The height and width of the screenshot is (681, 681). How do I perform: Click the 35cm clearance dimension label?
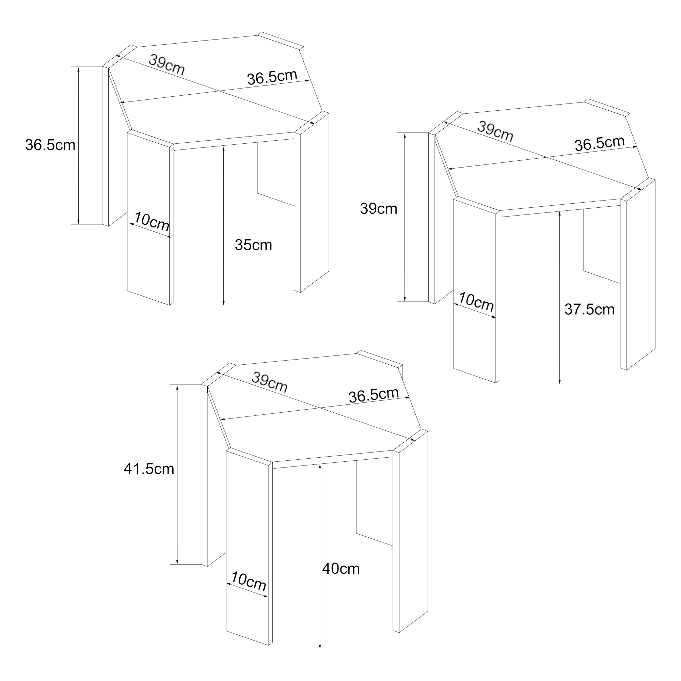253,245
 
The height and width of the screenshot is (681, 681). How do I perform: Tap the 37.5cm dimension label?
589,310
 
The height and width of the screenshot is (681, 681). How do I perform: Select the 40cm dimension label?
341,569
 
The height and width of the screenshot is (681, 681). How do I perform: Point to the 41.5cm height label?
149,469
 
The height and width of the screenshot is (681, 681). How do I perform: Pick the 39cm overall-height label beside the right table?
379,209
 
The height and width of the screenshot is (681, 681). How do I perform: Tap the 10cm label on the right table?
476,301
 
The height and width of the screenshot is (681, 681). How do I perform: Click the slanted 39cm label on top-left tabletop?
167,64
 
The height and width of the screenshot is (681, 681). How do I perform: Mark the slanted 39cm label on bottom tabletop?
270,382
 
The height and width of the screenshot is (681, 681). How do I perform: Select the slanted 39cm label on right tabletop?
495,131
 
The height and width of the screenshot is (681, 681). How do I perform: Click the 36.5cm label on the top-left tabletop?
272,77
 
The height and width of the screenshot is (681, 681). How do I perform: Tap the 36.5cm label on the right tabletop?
600,143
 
